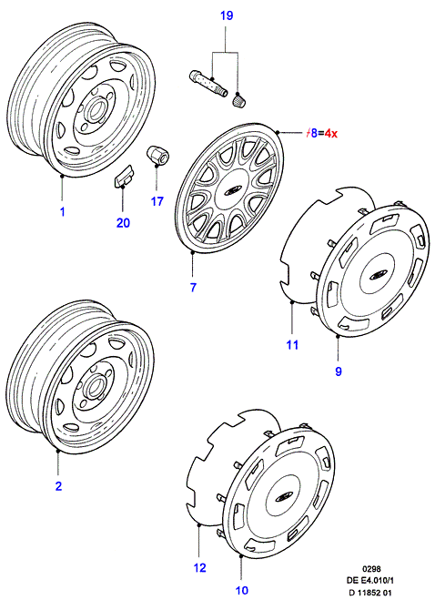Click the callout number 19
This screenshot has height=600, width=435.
pos(227,16)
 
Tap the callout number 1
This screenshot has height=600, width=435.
pos(63,211)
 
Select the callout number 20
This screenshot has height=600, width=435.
pos(123,222)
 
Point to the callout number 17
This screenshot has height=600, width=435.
pos(157,201)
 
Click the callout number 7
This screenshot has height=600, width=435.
pos(193,287)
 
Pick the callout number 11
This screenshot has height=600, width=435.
pos(292,345)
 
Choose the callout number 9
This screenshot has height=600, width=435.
pos(339,371)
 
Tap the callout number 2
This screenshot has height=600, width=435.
pos(58,486)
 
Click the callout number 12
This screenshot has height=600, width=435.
pos(199,567)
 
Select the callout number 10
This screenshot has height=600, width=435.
pos(242,590)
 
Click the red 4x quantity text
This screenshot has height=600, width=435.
pos(331,134)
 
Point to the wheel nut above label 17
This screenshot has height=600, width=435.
pos(157,156)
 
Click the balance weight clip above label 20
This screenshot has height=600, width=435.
pos(123,176)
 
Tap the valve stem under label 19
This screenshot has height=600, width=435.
pos(207,82)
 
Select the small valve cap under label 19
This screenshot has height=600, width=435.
pos(238,100)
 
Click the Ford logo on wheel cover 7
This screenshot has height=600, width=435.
pos(231,190)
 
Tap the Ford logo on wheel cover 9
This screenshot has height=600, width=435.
pos(377,276)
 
